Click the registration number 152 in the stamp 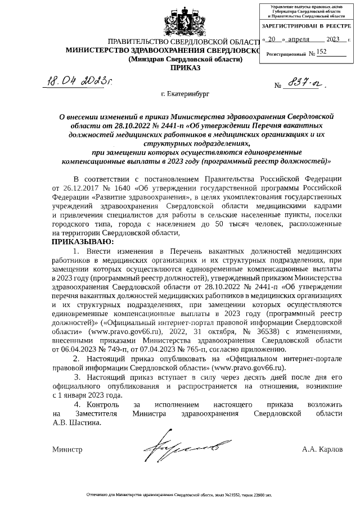pos(322,52)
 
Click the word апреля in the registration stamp pos(303,39)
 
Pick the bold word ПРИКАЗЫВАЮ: pos(83,241)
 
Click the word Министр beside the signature pos(67,449)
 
